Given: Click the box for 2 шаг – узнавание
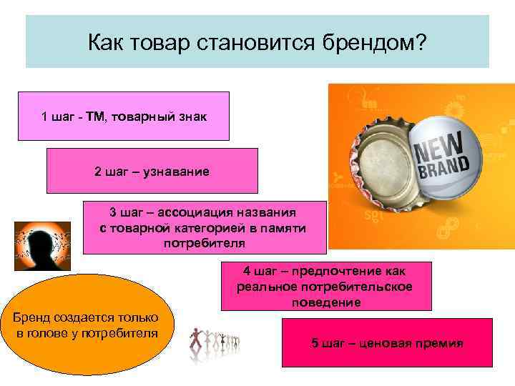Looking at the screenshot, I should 152,172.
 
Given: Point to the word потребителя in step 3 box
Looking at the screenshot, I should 204,242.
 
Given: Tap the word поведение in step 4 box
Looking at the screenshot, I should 326,302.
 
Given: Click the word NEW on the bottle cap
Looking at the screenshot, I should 437,148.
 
